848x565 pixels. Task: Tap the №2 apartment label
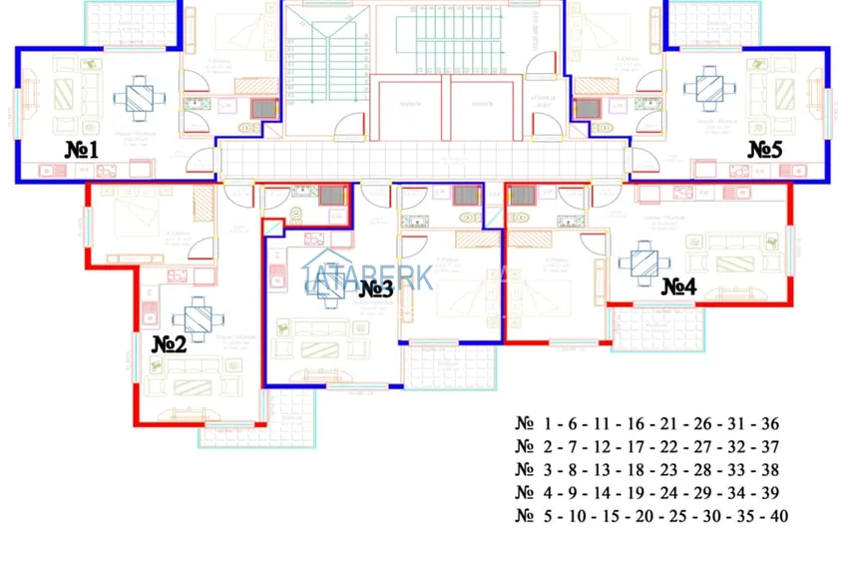[x=169, y=344]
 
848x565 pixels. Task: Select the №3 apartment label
[x=376, y=288]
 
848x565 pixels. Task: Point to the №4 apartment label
[x=678, y=286]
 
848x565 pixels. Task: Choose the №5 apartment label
[x=765, y=150]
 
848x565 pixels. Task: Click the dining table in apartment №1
[x=135, y=97]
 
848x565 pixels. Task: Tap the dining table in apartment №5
[x=709, y=87]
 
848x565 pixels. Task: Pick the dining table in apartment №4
[x=638, y=261]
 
